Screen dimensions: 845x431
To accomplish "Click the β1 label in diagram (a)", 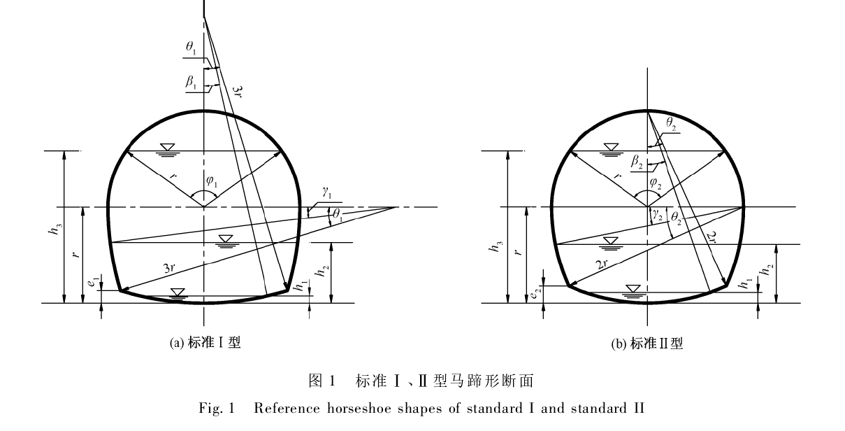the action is point(191,82).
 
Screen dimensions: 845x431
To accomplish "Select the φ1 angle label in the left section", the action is point(212,181).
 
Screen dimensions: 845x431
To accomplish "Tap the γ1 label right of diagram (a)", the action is point(327,193).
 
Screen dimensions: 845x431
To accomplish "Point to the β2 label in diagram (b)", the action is point(637,162).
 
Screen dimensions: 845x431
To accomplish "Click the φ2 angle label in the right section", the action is point(656,183).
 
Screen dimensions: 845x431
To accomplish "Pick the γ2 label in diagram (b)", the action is point(658,215).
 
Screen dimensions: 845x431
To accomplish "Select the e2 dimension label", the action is point(535,292).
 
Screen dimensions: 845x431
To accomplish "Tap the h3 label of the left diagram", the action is point(56,229).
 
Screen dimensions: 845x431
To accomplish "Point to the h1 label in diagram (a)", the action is point(301,285).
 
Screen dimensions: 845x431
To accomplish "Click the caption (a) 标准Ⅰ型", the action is point(205,343).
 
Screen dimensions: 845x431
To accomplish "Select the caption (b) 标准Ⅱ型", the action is point(647,344).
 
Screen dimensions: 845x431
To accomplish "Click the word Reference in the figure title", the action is point(287,409).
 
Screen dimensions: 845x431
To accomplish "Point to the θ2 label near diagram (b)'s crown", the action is point(671,123).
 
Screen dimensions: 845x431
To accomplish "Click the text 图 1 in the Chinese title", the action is point(322,381).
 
